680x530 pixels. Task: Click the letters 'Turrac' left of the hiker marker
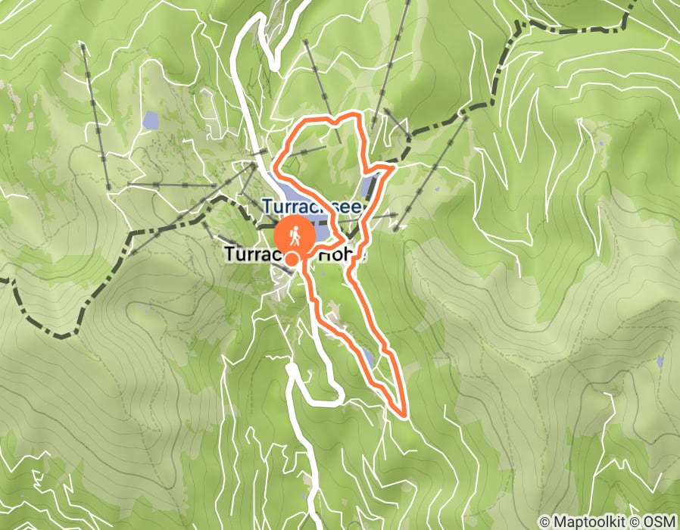pos(249,255)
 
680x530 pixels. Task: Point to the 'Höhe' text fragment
pos(342,255)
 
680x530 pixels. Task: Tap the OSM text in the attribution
pos(660,522)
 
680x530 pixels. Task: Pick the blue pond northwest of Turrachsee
pos(151,120)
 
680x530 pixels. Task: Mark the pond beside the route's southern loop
pos(367,356)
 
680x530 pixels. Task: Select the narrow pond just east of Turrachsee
pos(369,184)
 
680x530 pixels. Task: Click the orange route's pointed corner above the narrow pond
pos(390,170)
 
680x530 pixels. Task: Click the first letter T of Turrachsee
pos(267,205)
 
